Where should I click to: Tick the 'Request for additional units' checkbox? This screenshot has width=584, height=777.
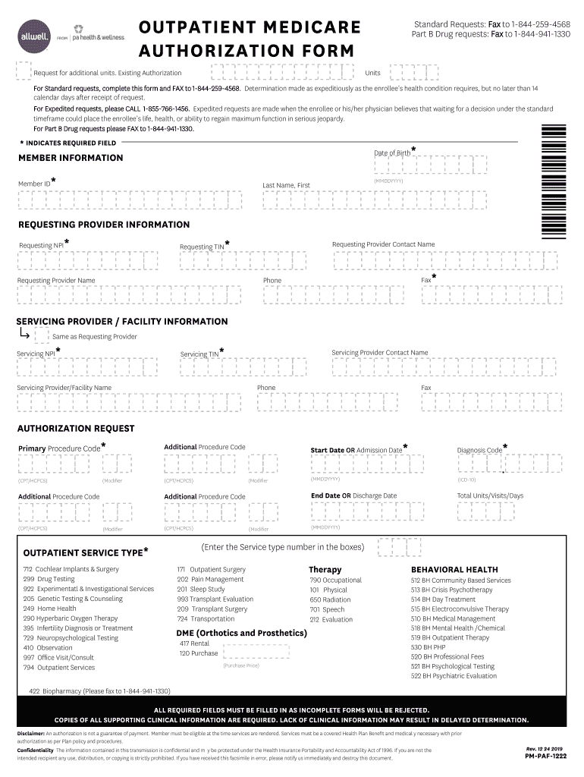[x=24, y=71]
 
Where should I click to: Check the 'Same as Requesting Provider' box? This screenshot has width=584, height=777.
[x=42, y=335]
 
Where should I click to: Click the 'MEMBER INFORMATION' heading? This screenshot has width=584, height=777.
[x=70, y=158]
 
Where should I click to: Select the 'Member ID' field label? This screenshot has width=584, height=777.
[x=35, y=184]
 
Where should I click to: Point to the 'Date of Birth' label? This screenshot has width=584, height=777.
[x=392, y=153]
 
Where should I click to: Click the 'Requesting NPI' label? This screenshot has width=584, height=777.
[x=41, y=245]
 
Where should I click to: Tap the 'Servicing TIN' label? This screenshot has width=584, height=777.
[x=199, y=354]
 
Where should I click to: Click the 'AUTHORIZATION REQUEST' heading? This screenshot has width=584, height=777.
[x=76, y=429]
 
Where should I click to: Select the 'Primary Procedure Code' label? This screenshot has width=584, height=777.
[x=58, y=448]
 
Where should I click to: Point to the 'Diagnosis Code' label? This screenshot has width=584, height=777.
[x=479, y=450]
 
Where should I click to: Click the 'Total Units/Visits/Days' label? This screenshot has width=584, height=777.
[x=490, y=495]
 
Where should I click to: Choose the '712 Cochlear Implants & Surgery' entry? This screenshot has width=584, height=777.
[x=71, y=569]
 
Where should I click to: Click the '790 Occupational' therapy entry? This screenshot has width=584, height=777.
[x=335, y=580]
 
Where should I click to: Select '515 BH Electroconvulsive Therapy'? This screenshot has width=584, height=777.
[x=460, y=609]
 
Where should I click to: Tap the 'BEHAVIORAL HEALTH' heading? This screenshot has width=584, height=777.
[x=454, y=569]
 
